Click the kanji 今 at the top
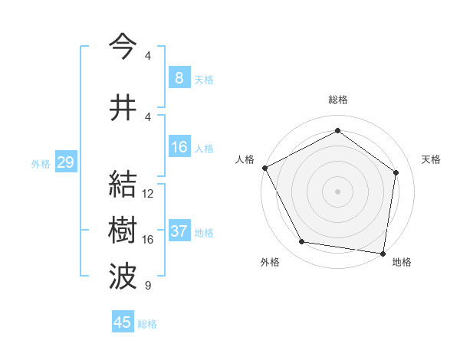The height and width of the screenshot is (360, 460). [x=123, y=47]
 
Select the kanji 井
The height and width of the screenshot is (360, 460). [x=123, y=108]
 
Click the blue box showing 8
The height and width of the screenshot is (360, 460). [x=179, y=78]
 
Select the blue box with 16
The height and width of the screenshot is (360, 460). [x=179, y=147]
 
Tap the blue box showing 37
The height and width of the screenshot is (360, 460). [x=179, y=231]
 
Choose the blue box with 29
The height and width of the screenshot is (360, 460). [x=65, y=162]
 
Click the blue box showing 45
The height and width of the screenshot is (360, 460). [x=123, y=322]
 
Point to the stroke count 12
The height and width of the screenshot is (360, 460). [x=148, y=194]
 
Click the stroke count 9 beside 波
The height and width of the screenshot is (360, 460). [x=148, y=286]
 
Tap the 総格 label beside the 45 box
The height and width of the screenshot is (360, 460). [x=147, y=324]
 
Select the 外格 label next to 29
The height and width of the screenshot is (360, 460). [x=41, y=163]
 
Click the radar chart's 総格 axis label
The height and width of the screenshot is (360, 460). [x=337, y=100]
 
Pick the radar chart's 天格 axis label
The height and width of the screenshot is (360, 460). [x=431, y=159]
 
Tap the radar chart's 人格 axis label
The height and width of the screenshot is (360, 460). [x=245, y=159]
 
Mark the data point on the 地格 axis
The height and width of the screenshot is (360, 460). [x=383, y=253]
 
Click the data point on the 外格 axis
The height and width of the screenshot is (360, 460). [x=302, y=242]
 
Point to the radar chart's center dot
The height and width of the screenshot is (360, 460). [x=337, y=191]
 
